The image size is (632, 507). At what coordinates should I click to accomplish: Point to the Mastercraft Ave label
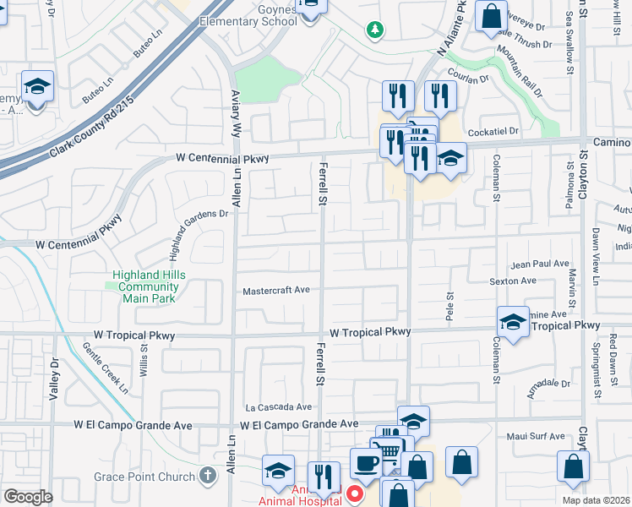(x=276, y=290)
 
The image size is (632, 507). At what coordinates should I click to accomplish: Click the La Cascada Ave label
(x=278, y=407)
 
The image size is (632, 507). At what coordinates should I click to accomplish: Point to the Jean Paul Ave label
(x=541, y=264)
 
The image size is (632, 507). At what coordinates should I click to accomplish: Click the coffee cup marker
(x=366, y=462)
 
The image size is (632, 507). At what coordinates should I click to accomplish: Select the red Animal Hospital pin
(x=355, y=493)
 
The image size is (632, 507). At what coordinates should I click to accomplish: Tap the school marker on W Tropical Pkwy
(x=512, y=320)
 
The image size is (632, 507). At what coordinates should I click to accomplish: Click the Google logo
(x=28, y=497)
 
